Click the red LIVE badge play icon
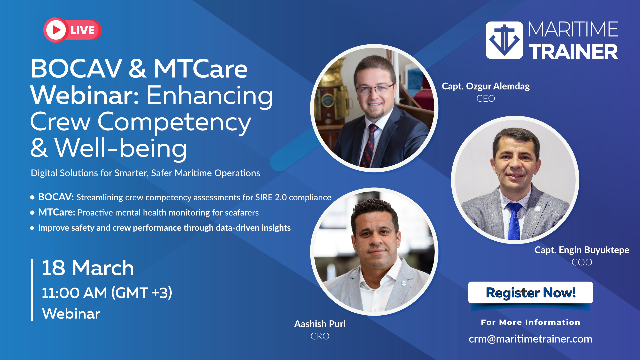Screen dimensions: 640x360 (56, 30)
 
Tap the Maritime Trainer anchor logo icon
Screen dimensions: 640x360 (504, 40)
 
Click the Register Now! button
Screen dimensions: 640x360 (530, 292)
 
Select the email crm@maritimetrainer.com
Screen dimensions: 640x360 (530, 339)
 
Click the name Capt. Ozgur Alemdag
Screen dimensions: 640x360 (486, 86)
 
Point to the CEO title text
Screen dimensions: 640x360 (486, 99)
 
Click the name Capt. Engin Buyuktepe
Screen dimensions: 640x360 (582, 250)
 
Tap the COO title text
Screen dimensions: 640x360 (582, 262)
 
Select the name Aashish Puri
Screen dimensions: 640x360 (320, 324)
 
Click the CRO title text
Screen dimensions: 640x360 (320, 336)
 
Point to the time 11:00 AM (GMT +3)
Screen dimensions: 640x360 (107, 293)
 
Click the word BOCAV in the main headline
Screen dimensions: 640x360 (76, 69)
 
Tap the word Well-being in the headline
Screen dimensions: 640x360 (120, 148)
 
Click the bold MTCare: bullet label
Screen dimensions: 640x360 (57, 212)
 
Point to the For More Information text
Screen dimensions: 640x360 (530, 322)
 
